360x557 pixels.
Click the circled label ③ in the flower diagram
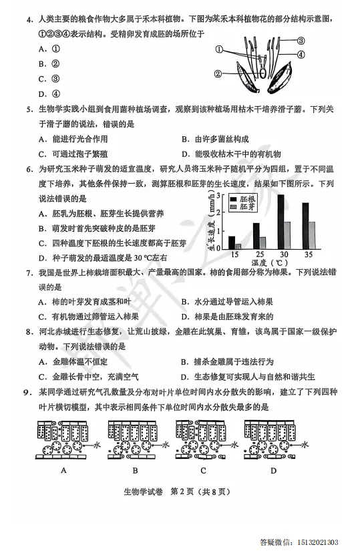point(301,40)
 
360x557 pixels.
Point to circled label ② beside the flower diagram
point(218,74)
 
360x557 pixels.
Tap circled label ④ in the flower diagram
point(301,54)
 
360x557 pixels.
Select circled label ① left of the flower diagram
point(218,50)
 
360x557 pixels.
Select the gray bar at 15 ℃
point(238,246)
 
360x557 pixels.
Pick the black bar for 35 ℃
point(305,226)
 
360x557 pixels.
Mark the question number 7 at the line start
point(29,274)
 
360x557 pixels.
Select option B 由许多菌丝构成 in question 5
point(217,139)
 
